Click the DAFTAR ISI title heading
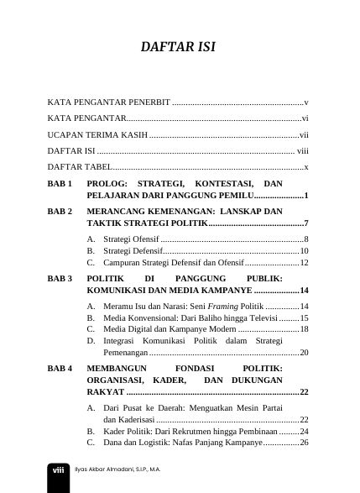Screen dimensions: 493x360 point(179,48)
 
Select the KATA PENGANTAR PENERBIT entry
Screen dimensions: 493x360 point(108,102)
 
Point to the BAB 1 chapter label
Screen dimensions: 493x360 point(60,184)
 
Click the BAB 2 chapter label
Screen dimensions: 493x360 point(60,212)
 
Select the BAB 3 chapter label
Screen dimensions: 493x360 point(60,277)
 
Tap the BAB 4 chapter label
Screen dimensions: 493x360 point(60,369)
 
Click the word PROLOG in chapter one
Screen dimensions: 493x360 point(107,184)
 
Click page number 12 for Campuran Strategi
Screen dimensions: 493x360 point(304,263)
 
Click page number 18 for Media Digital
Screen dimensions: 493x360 point(304,330)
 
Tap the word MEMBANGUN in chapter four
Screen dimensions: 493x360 point(116,369)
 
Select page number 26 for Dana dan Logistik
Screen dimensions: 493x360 point(304,443)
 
